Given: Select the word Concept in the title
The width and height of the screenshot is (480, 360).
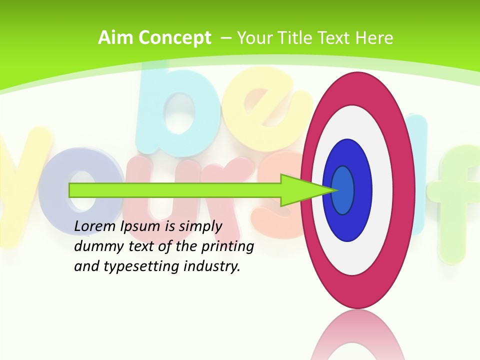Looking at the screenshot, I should (x=175, y=38).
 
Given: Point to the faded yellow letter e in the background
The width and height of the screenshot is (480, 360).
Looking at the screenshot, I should (x=255, y=107).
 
